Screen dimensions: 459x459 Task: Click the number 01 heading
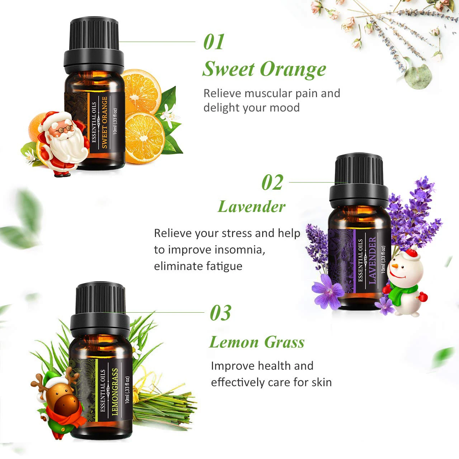pyautogui.click(x=214, y=42)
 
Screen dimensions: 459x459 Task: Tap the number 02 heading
pyautogui.click(x=273, y=183)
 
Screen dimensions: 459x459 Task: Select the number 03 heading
pyautogui.click(x=221, y=313)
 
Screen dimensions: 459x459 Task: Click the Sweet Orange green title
pyautogui.click(x=264, y=69)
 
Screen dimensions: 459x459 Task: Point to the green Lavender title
pyautogui.click(x=251, y=207)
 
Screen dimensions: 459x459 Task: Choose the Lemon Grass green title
pyautogui.click(x=257, y=342)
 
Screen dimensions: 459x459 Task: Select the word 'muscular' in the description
pyautogui.click(x=263, y=93)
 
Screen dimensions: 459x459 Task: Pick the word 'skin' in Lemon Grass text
pyautogui.click(x=321, y=382)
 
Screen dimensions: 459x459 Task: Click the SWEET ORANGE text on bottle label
pyautogui.click(x=104, y=122)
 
